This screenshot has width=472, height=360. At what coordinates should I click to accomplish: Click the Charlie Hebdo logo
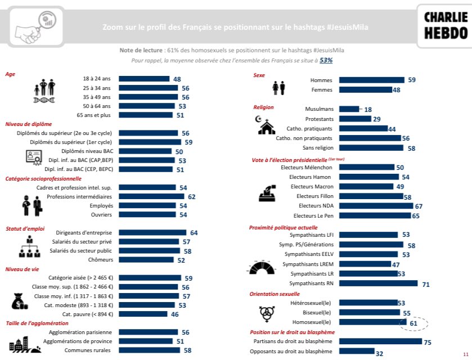pyautogui.click(x=444, y=25)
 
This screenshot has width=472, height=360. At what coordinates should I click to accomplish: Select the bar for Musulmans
pyautogui.click(x=349, y=109)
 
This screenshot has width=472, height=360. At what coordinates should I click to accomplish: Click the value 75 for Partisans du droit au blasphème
pyautogui.click(x=428, y=341)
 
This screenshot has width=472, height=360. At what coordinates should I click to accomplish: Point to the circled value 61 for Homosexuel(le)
pyautogui.click(x=413, y=323)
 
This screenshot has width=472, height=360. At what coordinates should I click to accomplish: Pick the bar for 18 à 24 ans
pyautogui.click(x=144, y=79)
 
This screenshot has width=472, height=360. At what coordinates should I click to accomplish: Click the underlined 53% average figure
pyautogui.click(x=326, y=60)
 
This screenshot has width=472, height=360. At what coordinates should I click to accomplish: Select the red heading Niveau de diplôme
pyautogui.click(x=29, y=124)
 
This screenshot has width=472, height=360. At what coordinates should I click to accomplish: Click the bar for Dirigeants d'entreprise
pyautogui.click(x=152, y=232)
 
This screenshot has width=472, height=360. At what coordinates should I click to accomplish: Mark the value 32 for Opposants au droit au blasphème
pyautogui.click(x=379, y=353)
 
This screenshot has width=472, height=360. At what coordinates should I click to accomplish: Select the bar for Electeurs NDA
pyautogui.click(x=378, y=206)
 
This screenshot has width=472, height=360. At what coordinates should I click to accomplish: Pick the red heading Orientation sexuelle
pyautogui.click(x=275, y=294)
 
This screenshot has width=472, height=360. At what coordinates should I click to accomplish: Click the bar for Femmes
pyautogui.click(x=366, y=90)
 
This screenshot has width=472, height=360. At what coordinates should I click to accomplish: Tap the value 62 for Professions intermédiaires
pyautogui.click(x=192, y=197)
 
